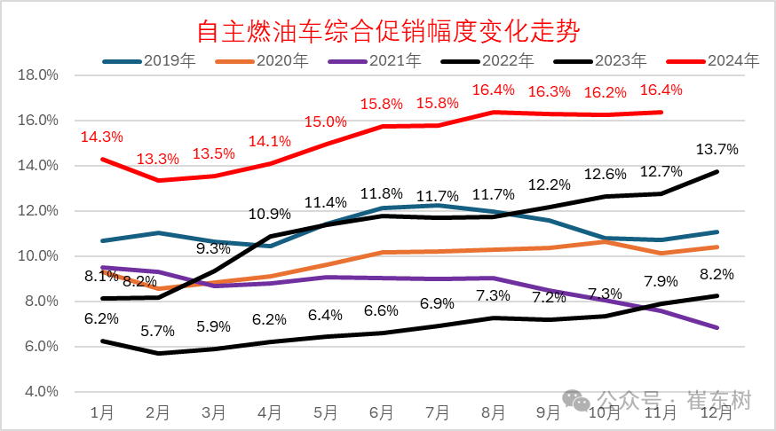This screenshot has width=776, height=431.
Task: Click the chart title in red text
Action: point(387,32)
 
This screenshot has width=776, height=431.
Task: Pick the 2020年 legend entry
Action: point(281,61)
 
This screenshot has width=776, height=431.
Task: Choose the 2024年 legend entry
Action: point(733,61)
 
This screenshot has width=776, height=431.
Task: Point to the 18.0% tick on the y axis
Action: point(38,74)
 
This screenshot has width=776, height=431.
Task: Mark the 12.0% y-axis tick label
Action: point(38,210)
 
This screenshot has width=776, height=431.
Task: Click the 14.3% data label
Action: point(101,137)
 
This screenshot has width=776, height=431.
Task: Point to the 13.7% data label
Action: point(717,148)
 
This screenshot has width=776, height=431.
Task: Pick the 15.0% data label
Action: point(325,122)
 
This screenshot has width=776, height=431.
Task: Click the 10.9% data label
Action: point(269,214)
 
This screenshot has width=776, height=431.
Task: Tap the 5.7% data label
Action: point(158,331)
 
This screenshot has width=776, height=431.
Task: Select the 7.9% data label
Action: point(660,282)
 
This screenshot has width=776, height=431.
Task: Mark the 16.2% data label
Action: point(605,92)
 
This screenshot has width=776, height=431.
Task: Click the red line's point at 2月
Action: point(158,180)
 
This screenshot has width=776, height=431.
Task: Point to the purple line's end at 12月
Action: point(717,328)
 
